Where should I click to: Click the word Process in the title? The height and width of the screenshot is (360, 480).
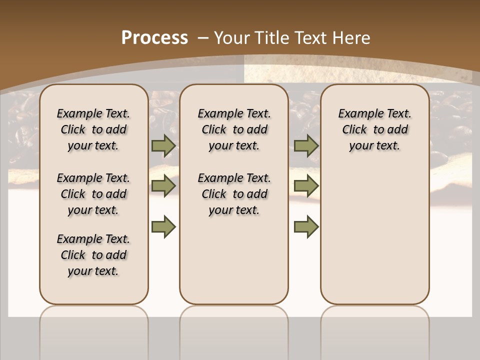click(154, 38)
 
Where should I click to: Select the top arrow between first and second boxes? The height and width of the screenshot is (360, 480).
click(163, 146)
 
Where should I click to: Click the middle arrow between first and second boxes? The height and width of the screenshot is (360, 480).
click(163, 186)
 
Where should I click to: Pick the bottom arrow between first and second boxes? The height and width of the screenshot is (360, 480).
click(163, 226)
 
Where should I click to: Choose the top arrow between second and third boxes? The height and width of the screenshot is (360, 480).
click(306, 146)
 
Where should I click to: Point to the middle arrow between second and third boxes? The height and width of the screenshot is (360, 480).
click(306, 186)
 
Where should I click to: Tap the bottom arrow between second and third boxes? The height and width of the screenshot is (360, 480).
click(306, 226)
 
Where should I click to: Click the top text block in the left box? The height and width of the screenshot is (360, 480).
click(93, 129)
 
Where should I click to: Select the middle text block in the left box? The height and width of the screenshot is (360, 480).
click(93, 194)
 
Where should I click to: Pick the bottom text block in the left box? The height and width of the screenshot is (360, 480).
click(93, 255)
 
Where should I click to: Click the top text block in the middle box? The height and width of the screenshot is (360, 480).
click(234, 129)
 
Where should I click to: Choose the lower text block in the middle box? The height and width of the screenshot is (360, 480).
click(234, 194)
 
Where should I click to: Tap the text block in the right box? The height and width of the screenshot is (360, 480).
click(375, 129)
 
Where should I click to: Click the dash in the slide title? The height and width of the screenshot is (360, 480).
click(203, 38)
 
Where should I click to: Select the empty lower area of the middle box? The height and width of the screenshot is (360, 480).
click(234, 260)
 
